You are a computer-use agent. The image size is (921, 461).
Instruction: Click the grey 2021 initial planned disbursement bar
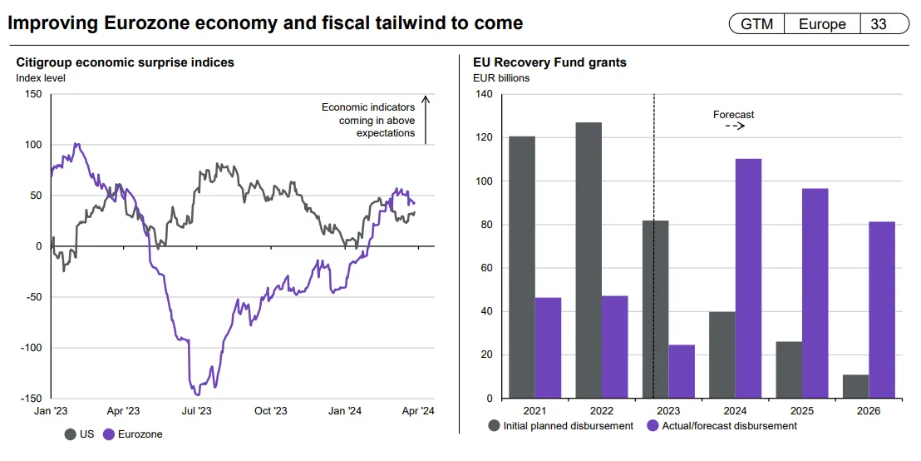(522, 267)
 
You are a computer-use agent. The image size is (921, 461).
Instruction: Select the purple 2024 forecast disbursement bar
(748, 279)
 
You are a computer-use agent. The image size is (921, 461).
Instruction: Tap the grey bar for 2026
(855, 386)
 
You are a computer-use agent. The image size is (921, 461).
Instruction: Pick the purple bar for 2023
(682, 371)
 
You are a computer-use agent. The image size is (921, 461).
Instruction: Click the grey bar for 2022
(589, 260)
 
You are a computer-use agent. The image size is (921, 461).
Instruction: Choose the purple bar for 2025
(815, 293)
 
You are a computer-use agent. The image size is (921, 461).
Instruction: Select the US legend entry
(80, 434)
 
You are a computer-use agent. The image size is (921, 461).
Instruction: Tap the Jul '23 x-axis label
(196, 411)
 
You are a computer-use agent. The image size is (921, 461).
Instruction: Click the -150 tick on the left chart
(32, 399)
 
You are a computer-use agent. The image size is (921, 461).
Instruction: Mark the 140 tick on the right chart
(484, 94)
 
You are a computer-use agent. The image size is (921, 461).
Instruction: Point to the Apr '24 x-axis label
(418, 411)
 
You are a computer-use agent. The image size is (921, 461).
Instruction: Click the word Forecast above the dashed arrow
(733, 115)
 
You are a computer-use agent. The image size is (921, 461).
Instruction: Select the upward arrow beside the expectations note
(425, 121)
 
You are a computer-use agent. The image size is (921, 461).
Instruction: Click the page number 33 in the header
(879, 24)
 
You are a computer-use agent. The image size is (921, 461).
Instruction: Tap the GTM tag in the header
(757, 24)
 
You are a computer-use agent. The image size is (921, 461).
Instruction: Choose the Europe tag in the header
(822, 24)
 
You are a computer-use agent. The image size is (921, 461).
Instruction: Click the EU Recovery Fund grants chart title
(549, 62)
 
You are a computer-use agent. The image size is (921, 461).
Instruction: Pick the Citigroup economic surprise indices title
(126, 62)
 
